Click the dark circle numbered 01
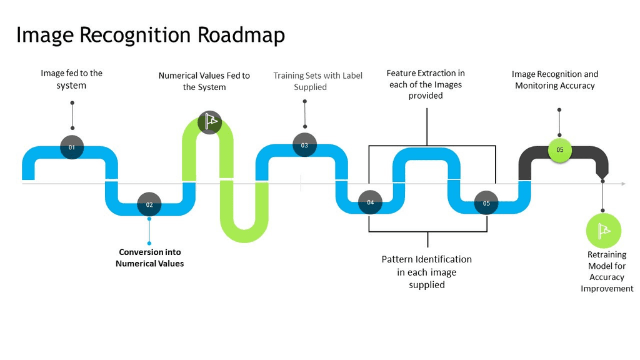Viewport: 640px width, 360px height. click(x=72, y=147)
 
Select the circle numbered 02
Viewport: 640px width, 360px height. click(x=149, y=204)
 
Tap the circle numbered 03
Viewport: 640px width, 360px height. click(x=304, y=145)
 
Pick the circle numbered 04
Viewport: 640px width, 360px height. click(x=370, y=202)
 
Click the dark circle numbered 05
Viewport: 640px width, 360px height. click(x=486, y=203)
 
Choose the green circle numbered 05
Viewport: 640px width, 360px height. click(x=559, y=149)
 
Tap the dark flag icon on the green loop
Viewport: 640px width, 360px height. click(x=209, y=122)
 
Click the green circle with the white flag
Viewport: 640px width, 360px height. click(x=603, y=231)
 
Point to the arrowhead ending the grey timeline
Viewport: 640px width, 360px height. click(x=622, y=184)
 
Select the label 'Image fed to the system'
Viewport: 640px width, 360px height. click(x=71, y=79)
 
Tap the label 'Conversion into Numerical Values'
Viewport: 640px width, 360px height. click(x=149, y=257)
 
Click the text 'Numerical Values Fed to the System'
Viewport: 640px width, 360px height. click(x=204, y=81)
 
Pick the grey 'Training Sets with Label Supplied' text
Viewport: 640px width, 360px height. click(x=317, y=81)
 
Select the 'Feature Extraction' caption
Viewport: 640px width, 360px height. click(x=426, y=84)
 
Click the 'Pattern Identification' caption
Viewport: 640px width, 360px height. click(x=426, y=272)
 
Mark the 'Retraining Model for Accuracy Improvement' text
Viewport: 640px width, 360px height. click(x=606, y=272)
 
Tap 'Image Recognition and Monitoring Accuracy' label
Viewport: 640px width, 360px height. click(x=555, y=79)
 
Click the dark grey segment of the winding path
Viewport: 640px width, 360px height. click(x=581, y=152)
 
